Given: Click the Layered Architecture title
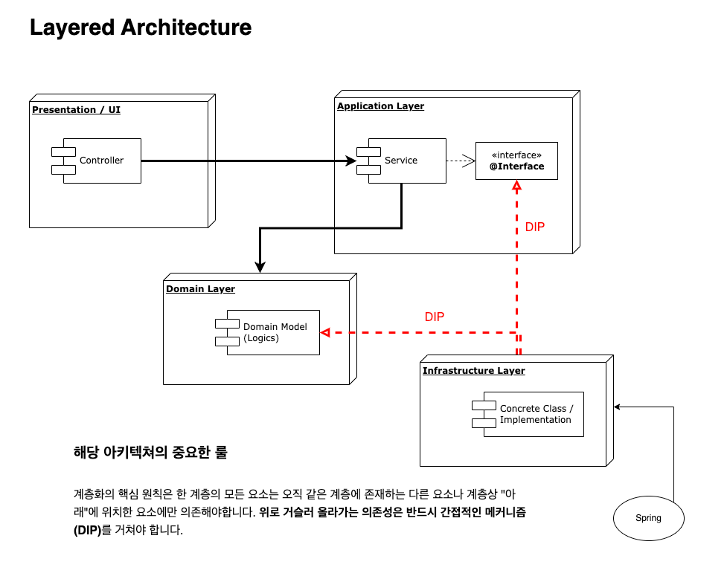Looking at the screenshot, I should click(x=141, y=27).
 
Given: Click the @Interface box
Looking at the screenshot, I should click(x=516, y=161).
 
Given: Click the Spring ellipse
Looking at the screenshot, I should click(x=648, y=518).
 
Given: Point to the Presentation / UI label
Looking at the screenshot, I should click(x=76, y=110).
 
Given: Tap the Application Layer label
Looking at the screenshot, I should click(x=380, y=106).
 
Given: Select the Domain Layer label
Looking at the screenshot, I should click(x=200, y=289).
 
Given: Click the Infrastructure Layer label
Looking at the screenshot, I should click(x=473, y=371).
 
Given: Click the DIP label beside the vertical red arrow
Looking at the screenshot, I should click(x=535, y=227).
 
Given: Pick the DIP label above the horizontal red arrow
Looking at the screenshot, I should click(x=435, y=317).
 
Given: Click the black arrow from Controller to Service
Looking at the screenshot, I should click(x=246, y=160).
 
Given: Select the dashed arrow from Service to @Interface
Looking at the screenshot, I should click(x=460, y=160).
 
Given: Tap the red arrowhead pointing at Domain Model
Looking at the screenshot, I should click(x=325, y=332).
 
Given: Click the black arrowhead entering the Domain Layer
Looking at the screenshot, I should click(x=260, y=267).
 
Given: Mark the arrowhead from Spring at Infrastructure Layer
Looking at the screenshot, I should click(x=618, y=407).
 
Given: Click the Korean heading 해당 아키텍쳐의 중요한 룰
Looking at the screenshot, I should click(x=150, y=452).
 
